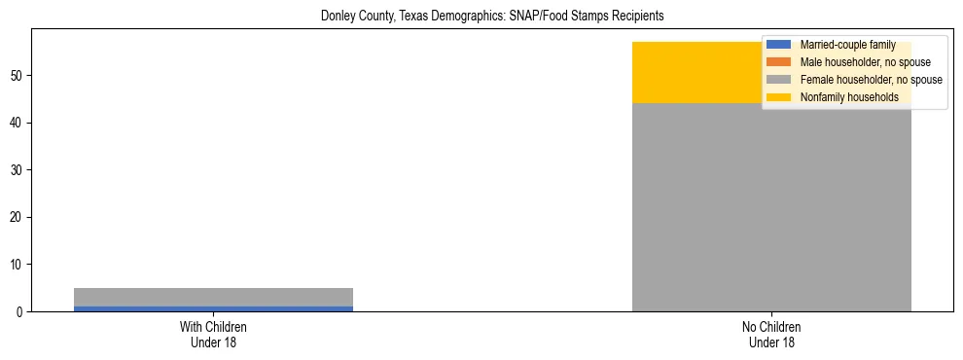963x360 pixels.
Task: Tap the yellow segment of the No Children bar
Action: click(x=695, y=73)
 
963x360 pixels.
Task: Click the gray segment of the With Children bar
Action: click(x=213, y=297)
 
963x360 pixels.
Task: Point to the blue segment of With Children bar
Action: click(x=213, y=308)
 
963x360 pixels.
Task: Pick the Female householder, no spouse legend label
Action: click(x=871, y=80)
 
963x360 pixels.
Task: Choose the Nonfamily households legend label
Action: click(x=849, y=97)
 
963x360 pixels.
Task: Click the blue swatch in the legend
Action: click(x=778, y=45)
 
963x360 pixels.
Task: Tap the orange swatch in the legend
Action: click(x=778, y=62)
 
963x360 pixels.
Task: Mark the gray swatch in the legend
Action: click(x=778, y=80)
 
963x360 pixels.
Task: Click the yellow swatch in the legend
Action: click(x=778, y=97)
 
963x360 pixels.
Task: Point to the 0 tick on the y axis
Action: click(x=19, y=311)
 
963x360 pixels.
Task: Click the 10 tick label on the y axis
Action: click(x=17, y=265)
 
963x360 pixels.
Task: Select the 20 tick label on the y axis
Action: click(x=17, y=217)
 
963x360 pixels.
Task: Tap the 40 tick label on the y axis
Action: click(x=17, y=123)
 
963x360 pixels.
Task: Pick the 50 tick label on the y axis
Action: click(x=17, y=76)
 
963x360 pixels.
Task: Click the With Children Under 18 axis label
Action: click(x=213, y=334)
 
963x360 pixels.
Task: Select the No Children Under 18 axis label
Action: click(x=771, y=334)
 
